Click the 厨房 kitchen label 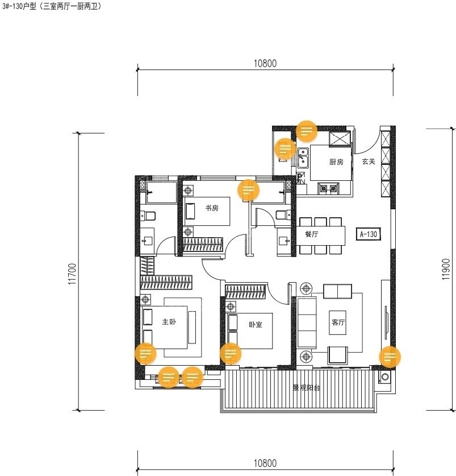click(x=336, y=162)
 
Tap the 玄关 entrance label click(x=369, y=162)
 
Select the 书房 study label click(x=212, y=208)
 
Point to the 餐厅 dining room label click(x=311, y=234)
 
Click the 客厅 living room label click(x=338, y=322)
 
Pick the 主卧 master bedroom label click(x=169, y=321)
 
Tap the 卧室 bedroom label click(x=256, y=325)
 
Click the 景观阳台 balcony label click(x=306, y=388)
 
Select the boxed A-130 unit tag click(x=369, y=234)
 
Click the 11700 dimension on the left click(x=73, y=274)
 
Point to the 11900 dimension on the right click(x=446, y=269)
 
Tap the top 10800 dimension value click(x=265, y=63)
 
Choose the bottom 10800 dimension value click(x=265, y=463)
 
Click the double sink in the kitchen click(x=303, y=158)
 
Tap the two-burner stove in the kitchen click(x=328, y=188)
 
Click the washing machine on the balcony click(x=385, y=377)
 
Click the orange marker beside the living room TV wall click(x=390, y=357)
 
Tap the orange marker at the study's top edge click(x=248, y=190)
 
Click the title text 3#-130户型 click(x=19, y=6)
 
